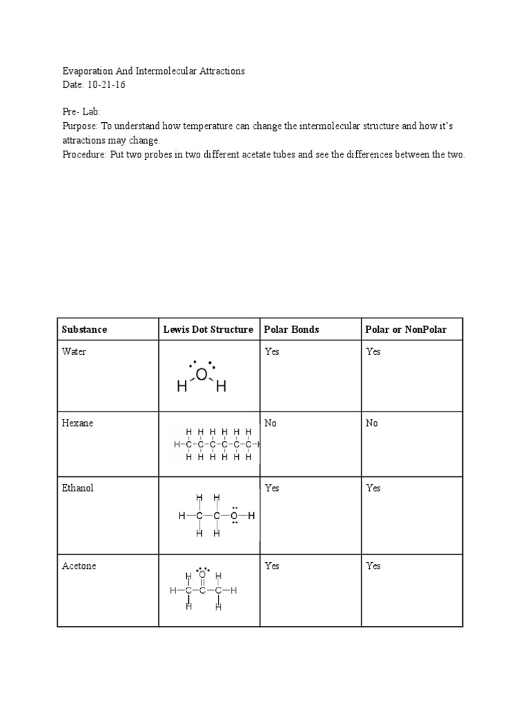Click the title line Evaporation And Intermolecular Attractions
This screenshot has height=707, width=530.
(x=153, y=71)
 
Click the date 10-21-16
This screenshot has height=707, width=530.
(x=106, y=84)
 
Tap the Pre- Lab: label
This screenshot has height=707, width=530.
(x=81, y=111)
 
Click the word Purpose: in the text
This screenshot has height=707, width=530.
(x=80, y=126)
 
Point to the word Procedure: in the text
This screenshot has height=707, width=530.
(x=84, y=155)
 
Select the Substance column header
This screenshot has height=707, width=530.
(x=84, y=329)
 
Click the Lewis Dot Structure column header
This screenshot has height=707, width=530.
(x=208, y=329)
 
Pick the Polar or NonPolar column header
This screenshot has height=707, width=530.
(x=406, y=329)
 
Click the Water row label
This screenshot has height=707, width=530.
(x=74, y=352)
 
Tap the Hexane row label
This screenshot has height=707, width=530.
(x=77, y=423)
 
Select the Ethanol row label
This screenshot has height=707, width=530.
(x=77, y=488)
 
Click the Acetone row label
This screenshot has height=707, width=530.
(x=79, y=566)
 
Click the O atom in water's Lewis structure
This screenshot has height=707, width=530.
(x=202, y=375)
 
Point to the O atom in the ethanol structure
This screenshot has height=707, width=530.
(x=234, y=516)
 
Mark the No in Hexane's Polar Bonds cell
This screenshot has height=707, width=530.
(x=271, y=423)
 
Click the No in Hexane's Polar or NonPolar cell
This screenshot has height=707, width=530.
(x=372, y=423)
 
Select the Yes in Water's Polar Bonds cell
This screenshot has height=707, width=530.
(x=272, y=352)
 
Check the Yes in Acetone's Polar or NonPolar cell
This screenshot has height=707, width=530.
(x=373, y=566)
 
